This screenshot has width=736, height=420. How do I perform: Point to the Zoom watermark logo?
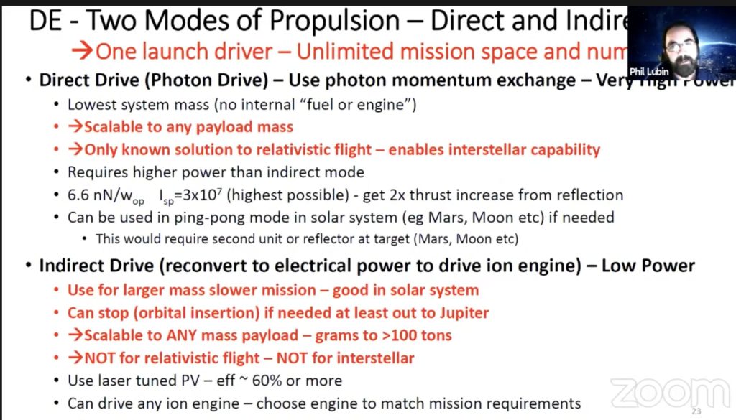[x=669, y=393]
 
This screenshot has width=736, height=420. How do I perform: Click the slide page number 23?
[x=696, y=411]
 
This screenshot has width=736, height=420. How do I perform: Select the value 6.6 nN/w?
[x=101, y=195]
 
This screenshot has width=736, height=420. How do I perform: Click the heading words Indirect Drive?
[x=99, y=266]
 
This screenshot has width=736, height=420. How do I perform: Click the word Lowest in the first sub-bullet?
[x=91, y=105]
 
